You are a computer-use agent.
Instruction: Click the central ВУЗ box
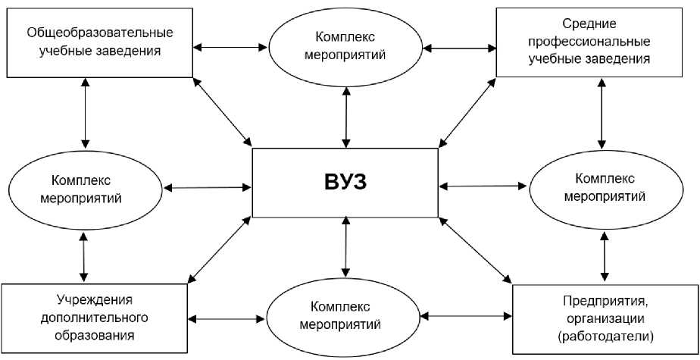point(345,183)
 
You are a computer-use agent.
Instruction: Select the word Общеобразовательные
point(100,33)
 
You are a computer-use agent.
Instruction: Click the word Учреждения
point(95,298)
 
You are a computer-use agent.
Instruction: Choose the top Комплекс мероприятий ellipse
point(345,46)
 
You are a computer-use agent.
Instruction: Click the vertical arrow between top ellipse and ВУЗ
point(346,117)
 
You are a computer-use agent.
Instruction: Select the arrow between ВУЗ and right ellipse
point(483,185)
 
